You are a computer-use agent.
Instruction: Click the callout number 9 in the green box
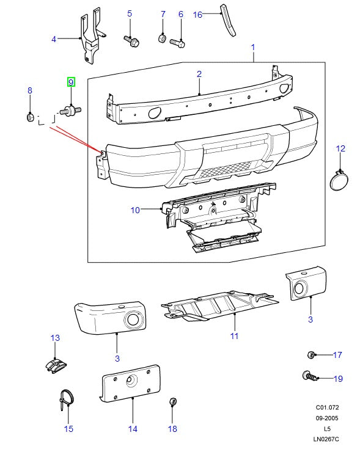click(x=71, y=82)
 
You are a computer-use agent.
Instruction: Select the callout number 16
click(x=197, y=14)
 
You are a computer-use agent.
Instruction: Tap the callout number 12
click(x=340, y=148)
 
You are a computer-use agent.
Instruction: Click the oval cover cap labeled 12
click(x=338, y=181)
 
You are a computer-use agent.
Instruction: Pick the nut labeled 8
click(x=29, y=116)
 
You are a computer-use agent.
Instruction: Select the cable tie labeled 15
click(x=66, y=400)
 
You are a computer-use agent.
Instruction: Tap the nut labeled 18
click(x=172, y=402)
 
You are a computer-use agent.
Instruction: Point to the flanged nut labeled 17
click(x=311, y=354)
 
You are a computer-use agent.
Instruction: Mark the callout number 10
click(x=135, y=210)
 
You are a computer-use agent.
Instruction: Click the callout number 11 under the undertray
click(x=233, y=336)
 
